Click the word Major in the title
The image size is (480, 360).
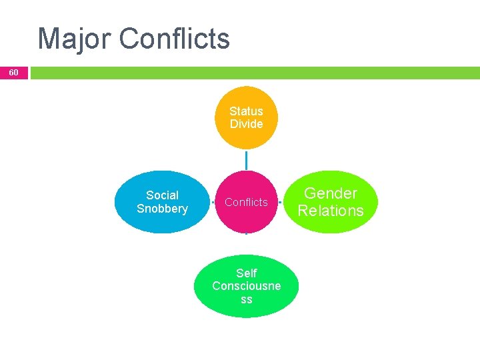(x=75, y=39)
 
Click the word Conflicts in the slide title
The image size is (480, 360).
(x=175, y=39)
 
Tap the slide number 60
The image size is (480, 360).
(x=14, y=72)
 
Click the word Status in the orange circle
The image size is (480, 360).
(x=246, y=111)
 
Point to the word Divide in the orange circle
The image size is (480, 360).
(x=246, y=124)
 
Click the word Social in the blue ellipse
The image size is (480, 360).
(x=162, y=195)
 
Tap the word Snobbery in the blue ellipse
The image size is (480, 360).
(x=162, y=209)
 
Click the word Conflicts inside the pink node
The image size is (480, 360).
(x=246, y=202)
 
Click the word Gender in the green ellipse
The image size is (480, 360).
(x=331, y=193)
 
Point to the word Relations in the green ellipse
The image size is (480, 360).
(x=331, y=211)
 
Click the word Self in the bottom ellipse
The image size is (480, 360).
(x=246, y=273)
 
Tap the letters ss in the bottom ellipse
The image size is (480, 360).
(x=246, y=299)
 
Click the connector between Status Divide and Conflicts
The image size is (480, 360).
(x=246, y=160)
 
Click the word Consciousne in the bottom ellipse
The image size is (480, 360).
(x=246, y=286)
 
